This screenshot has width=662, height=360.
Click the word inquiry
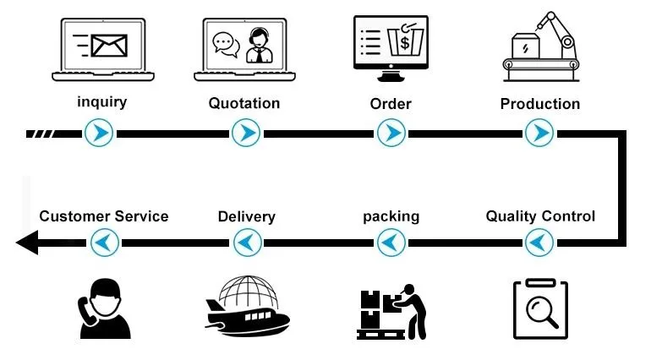pyautogui.click(x=101, y=103)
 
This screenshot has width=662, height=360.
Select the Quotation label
pyautogui.click(x=243, y=104)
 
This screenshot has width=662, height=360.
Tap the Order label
pyautogui.click(x=391, y=104)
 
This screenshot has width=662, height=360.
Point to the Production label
pyautogui.click(x=539, y=105)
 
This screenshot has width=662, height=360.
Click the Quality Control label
pyautogui.click(x=539, y=216)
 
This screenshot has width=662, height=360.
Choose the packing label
pyautogui.click(x=391, y=216)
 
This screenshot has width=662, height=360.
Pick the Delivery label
pyautogui.click(x=246, y=217)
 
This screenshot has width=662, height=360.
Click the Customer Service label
pyautogui.click(x=103, y=216)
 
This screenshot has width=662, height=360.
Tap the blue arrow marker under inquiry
pyautogui.click(x=101, y=133)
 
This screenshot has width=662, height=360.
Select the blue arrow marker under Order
pyautogui.click(x=391, y=133)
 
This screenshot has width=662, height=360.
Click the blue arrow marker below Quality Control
pyautogui.click(x=539, y=243)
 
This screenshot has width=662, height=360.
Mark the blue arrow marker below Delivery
pyautogui.click(x=245, y=243)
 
